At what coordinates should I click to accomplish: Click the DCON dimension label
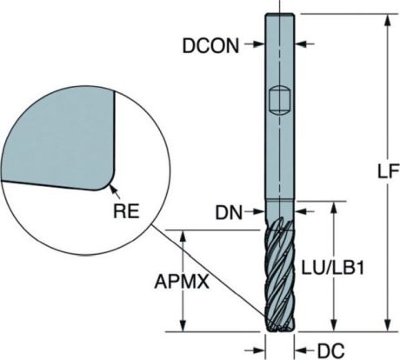[x=210, y=45]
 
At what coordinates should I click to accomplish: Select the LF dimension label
[x=389, y=171]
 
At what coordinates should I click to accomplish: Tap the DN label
[x=229, y=213]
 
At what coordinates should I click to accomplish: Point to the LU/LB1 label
[x=333, y=268]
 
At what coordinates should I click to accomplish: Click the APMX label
[x=182, y=281]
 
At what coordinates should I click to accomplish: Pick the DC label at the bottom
[x=331, y=350]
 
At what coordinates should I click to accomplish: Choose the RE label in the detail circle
[x=126, y=210]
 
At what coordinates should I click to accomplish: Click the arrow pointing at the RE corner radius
[x=115, y=191]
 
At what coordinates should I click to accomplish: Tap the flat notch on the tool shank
[x=279, y=101]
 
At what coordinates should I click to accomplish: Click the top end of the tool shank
[x=280, y=14]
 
